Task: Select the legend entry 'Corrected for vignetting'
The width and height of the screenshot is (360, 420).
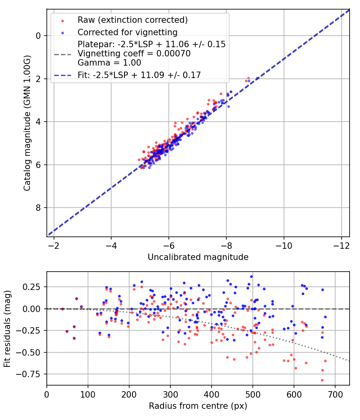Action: click(128, 32)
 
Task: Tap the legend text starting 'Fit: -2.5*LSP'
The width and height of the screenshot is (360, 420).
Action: click(139, 74)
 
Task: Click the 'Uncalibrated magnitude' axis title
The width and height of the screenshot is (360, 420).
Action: click(198, 257)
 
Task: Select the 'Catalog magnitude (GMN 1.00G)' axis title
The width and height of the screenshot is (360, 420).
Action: click(27, 122)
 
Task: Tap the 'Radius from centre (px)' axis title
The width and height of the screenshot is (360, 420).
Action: click(198, 406)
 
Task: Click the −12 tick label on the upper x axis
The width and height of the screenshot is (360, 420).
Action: click(341, 245)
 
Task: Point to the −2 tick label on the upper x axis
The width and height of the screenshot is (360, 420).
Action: click(54, 245)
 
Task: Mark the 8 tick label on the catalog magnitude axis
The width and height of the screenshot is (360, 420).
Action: click(38, 208)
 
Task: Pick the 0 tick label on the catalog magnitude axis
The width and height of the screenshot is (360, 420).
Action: click(38, 36)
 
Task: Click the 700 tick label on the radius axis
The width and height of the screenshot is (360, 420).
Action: click(335, 394)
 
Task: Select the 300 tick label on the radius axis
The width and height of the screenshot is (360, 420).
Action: click(170, 394)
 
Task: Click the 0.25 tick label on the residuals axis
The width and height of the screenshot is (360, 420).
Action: click(34, 287)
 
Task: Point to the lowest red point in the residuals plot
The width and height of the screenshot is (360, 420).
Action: click(322, 380)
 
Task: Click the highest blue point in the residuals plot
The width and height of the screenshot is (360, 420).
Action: click(251, 276)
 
